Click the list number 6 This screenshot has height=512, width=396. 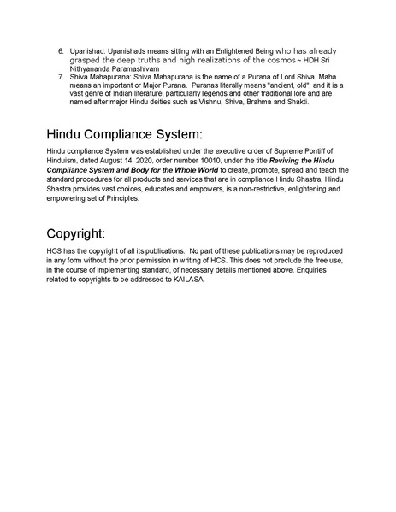(x=62, y=52)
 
